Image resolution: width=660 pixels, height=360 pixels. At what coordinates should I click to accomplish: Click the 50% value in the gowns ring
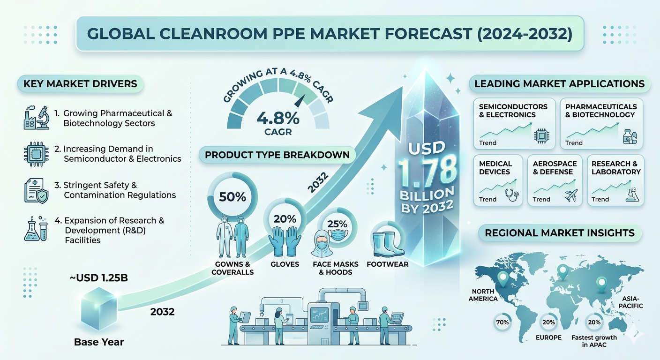point(232,197)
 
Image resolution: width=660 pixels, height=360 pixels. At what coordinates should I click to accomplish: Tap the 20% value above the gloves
point(285,219)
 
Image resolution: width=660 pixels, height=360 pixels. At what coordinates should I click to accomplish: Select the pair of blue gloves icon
point(285,241)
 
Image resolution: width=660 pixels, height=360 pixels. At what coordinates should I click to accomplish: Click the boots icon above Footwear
point(388,244)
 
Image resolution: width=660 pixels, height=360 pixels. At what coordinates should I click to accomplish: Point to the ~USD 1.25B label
point(99,278)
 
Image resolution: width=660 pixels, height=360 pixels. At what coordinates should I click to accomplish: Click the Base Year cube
point(99,308)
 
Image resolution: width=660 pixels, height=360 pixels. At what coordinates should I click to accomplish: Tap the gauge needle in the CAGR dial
point(300,101)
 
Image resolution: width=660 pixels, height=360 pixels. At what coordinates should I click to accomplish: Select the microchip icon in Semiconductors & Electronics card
point(541,136)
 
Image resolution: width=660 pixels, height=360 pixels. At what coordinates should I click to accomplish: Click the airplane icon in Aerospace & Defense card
point(571,195)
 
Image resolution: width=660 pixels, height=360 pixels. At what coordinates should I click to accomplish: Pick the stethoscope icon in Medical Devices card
point(511,195)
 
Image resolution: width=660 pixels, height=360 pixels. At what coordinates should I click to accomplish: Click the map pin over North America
point(502,279)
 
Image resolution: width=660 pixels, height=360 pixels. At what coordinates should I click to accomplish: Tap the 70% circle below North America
point(502,322)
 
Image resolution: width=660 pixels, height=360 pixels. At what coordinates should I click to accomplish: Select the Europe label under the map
point(548,337)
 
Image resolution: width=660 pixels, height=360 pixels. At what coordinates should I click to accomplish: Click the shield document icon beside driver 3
point(36,191)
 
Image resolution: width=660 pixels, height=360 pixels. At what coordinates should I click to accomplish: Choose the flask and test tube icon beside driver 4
point(36,229)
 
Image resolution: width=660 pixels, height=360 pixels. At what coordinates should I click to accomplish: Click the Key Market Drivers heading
point(80,83)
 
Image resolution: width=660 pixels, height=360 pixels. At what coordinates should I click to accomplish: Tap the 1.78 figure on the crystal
point(427,172)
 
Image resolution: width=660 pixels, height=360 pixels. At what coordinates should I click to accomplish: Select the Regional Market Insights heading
point(560,233)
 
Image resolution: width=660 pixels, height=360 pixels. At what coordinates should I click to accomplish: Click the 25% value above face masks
point(337,224)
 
